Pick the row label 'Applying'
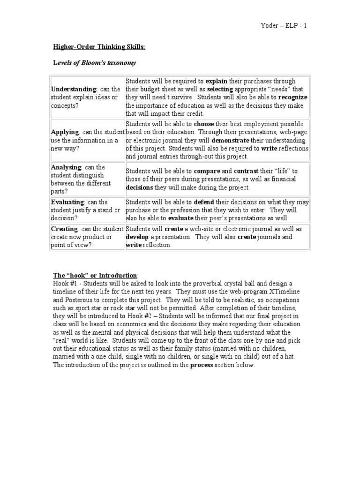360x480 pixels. (x=65, y=132)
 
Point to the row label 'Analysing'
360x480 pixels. (x=66, y=167)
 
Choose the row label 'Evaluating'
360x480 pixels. (x=66, y=202)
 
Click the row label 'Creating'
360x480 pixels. (x=64, y=229)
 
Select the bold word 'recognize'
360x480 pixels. (x=292, y=97)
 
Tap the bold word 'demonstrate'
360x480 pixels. (x=230, y=140)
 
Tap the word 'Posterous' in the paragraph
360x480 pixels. (x=80, y=300)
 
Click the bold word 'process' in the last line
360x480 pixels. (x=202, y=365)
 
